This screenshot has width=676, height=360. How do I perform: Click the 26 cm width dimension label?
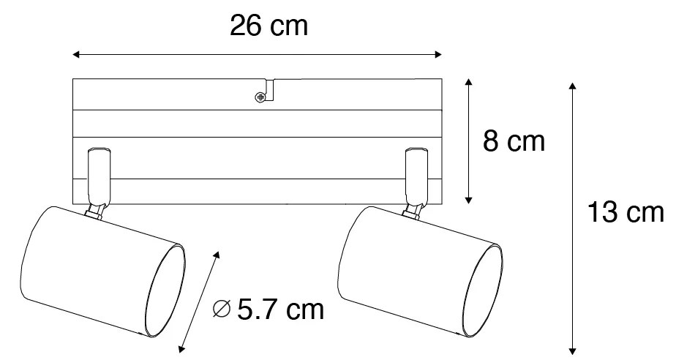pos(268,26)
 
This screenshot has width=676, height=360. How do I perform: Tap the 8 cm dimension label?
pos(514,141)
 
